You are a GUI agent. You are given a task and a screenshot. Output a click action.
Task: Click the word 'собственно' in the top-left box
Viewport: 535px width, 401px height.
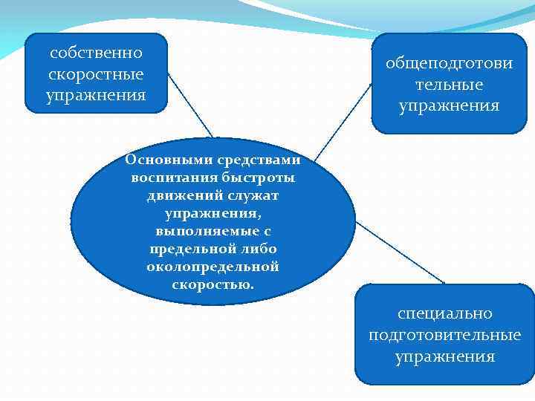[x=96, y=53]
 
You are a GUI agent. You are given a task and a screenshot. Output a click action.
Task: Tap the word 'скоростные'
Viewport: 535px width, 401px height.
[x=96, y=75]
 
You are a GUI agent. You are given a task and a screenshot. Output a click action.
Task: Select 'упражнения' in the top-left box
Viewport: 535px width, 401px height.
[x=96, y=97]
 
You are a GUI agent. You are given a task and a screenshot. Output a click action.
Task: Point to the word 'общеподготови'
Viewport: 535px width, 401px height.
[x=449, y=63]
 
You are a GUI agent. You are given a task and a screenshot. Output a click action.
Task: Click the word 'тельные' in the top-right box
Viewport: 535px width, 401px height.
[x=449, y=85]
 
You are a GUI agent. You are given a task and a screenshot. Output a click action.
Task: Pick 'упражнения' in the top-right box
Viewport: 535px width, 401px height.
[x=449, y=106]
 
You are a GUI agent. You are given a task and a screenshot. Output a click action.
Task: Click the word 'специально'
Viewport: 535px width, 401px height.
[x=445, y=314]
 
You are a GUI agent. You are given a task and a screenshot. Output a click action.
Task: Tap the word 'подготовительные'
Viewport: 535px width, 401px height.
[x=445, y=336]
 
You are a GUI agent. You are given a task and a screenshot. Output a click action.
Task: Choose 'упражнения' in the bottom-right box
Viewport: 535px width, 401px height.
[x=445, y=357]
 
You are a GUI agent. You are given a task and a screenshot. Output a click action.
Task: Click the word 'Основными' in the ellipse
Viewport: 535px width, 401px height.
[x=161, y=160]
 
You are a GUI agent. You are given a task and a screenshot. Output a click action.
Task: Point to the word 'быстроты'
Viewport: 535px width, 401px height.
[x=259, y=177]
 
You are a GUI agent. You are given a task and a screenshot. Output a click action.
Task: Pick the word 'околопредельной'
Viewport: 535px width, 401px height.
[x=213, y=267]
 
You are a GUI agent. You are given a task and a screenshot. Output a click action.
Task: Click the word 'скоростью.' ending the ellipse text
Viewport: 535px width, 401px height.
[x=213, y=284]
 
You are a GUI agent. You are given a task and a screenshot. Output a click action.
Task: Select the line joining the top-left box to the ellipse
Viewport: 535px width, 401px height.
[x=189, y=105]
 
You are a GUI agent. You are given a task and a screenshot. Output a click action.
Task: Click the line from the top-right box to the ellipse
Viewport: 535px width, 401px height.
[x=342, y=120]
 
